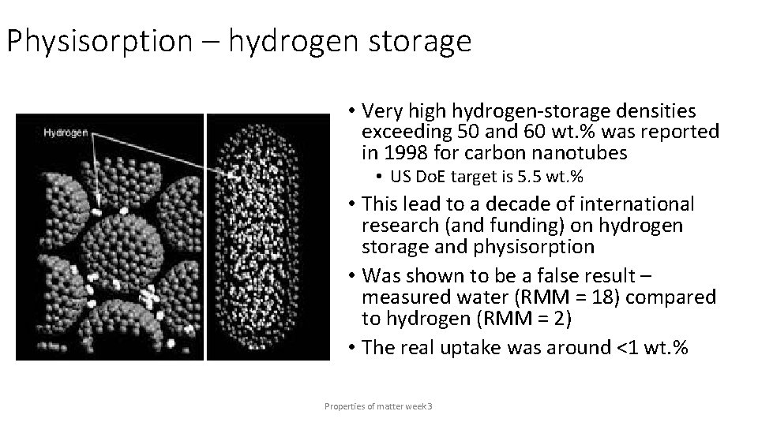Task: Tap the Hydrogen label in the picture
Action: pyautogui.click(x=66, y=133)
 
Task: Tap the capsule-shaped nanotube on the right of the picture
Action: pyautogui.click(x=265, y=237)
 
